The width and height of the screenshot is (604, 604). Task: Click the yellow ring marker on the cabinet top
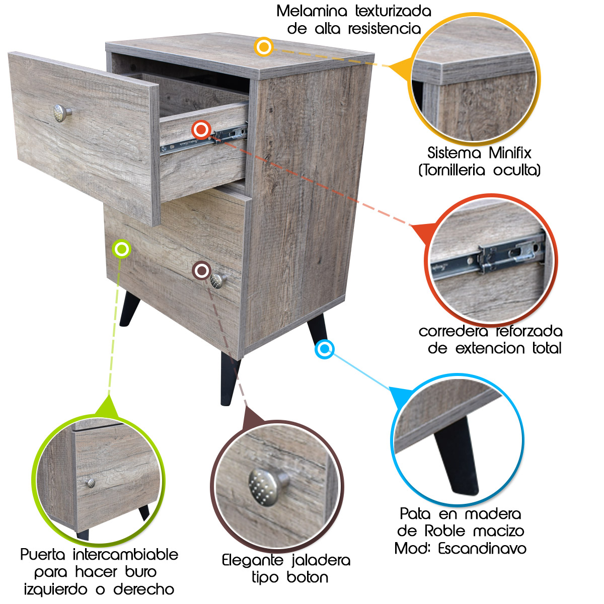coord(264,47)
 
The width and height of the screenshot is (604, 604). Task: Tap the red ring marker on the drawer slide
coord(201,129)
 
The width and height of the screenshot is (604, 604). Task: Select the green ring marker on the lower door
coord(122,249)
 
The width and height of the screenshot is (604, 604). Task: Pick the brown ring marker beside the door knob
coord(202,270)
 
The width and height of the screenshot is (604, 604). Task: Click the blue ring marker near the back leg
coord(325,349)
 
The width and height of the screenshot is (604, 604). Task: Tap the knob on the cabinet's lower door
coord(218,280)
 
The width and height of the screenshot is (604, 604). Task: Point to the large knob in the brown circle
coord(268,487)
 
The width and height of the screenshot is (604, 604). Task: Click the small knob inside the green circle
coord(91,483)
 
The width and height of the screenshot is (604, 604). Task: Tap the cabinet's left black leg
coord(128,309)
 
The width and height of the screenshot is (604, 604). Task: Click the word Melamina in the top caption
coord(312,11)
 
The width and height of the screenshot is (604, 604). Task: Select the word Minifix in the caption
coord(510,153)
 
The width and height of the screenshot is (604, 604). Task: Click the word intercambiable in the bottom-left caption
coord(125,555)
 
